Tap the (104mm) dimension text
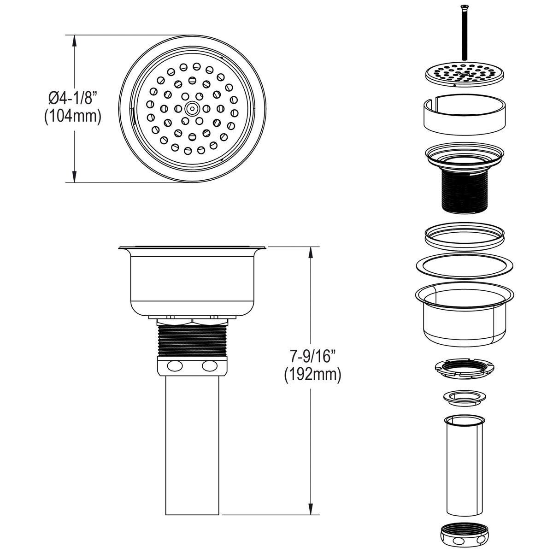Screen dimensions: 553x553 pyautogui.click(x=72, y=116)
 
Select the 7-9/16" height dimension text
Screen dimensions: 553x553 pyautogui.click(x=312, y=356)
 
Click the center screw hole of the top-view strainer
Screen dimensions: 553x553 pyautogui.click(x=191, y=109)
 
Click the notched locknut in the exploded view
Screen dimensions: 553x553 pyautogui.click(x=462, y=369)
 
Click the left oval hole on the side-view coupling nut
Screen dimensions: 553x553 pyautogui.click(x=175, y=366)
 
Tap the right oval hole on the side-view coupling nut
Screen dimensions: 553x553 pyautogui.click(x=209, y=366)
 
